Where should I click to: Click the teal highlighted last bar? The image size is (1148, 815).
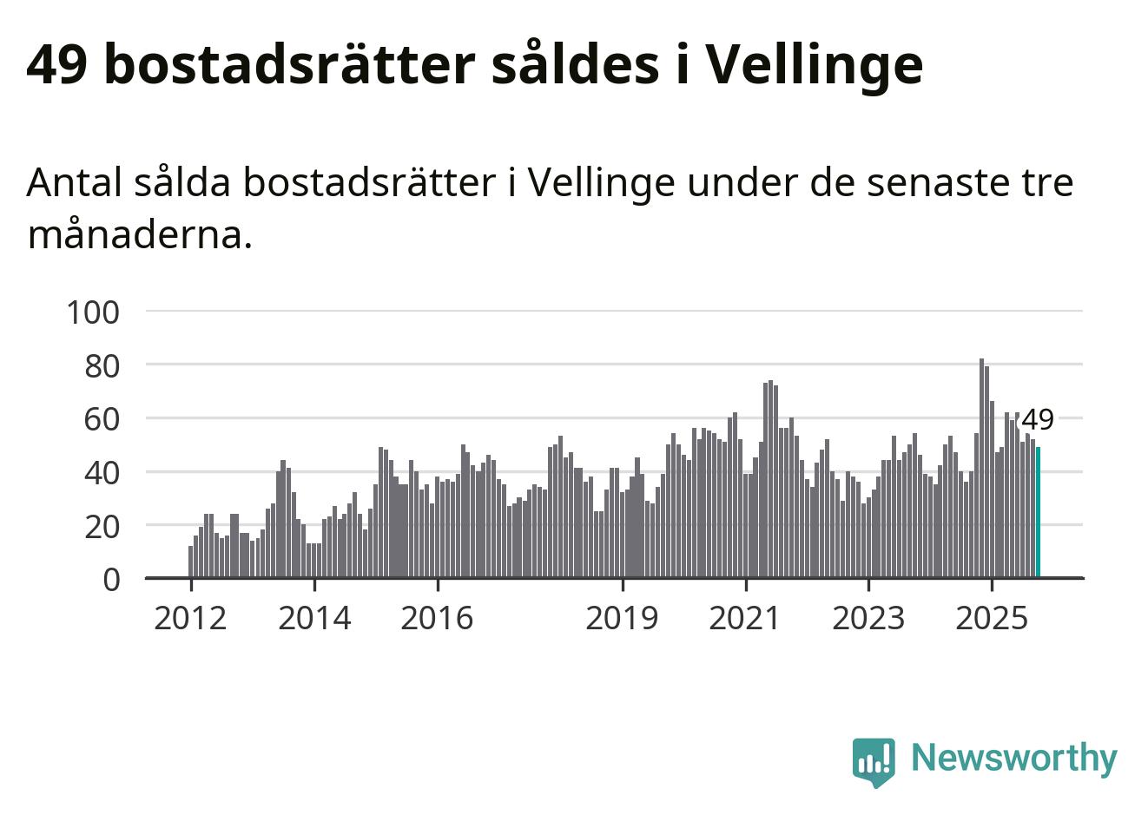click(1038, 512)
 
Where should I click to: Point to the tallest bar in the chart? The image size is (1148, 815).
click(981, 469)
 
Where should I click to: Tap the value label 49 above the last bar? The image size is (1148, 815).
click(1037, 420)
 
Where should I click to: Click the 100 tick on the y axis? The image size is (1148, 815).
click(92, 312)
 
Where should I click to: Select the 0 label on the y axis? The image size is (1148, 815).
click(111, 579)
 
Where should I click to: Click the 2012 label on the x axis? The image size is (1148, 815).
click(190, 619)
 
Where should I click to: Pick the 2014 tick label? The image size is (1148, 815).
click(314, 619)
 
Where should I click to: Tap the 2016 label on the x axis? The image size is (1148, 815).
click(437, 619)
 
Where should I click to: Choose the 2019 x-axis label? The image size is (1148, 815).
click(622, 619)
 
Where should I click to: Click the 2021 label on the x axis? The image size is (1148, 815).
click(745, 619)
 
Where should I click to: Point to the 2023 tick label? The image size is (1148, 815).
click(868, 619)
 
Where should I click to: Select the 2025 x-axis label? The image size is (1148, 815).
click(991, 619)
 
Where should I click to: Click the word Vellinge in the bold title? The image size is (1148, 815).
click(812, 65)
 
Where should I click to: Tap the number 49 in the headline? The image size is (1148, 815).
click(57, 65)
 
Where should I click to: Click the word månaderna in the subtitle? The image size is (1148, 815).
click(139, 234)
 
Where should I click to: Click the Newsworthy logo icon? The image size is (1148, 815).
click(873, 761)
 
